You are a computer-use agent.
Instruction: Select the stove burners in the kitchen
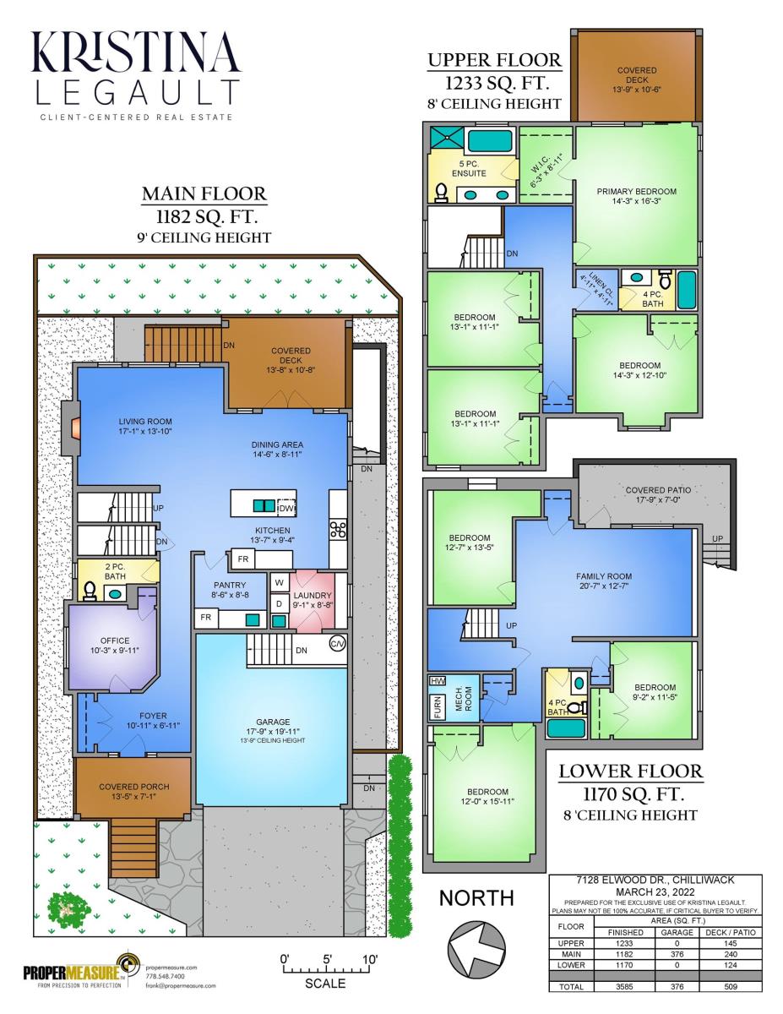pos(337,530)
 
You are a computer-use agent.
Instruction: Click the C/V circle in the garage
pos(338,644)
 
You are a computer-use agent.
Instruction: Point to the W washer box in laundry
pos(280,582)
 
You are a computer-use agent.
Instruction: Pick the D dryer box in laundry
pos(280,604)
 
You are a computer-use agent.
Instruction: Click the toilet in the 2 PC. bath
pos(89,591)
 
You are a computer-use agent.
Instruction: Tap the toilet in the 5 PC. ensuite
pos(441,193)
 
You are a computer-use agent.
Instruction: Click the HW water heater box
pos(438,681)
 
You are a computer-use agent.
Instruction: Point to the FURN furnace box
pos(437,707)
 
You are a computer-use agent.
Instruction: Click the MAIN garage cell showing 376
pos(677,955)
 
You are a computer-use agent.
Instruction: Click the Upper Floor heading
pos(495,60)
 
